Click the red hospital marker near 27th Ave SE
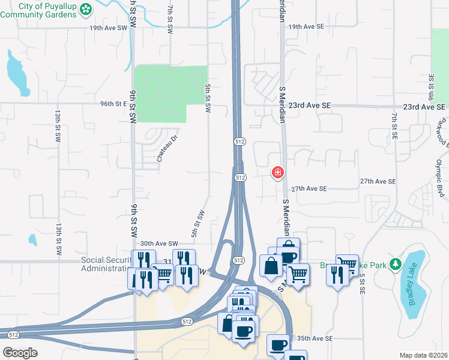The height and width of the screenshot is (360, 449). coord(278,173)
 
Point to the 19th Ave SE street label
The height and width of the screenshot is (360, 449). coord(306,28)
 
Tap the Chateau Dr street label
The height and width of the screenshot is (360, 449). coord(167,148)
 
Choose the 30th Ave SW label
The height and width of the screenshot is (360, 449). coord(160,244)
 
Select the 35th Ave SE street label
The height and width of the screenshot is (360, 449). coord(313,338)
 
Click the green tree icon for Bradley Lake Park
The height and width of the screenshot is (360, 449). coord(395,264)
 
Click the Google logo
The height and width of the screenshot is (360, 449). coord(20,353)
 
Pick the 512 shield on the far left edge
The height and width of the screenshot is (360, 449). coord(13,334)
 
